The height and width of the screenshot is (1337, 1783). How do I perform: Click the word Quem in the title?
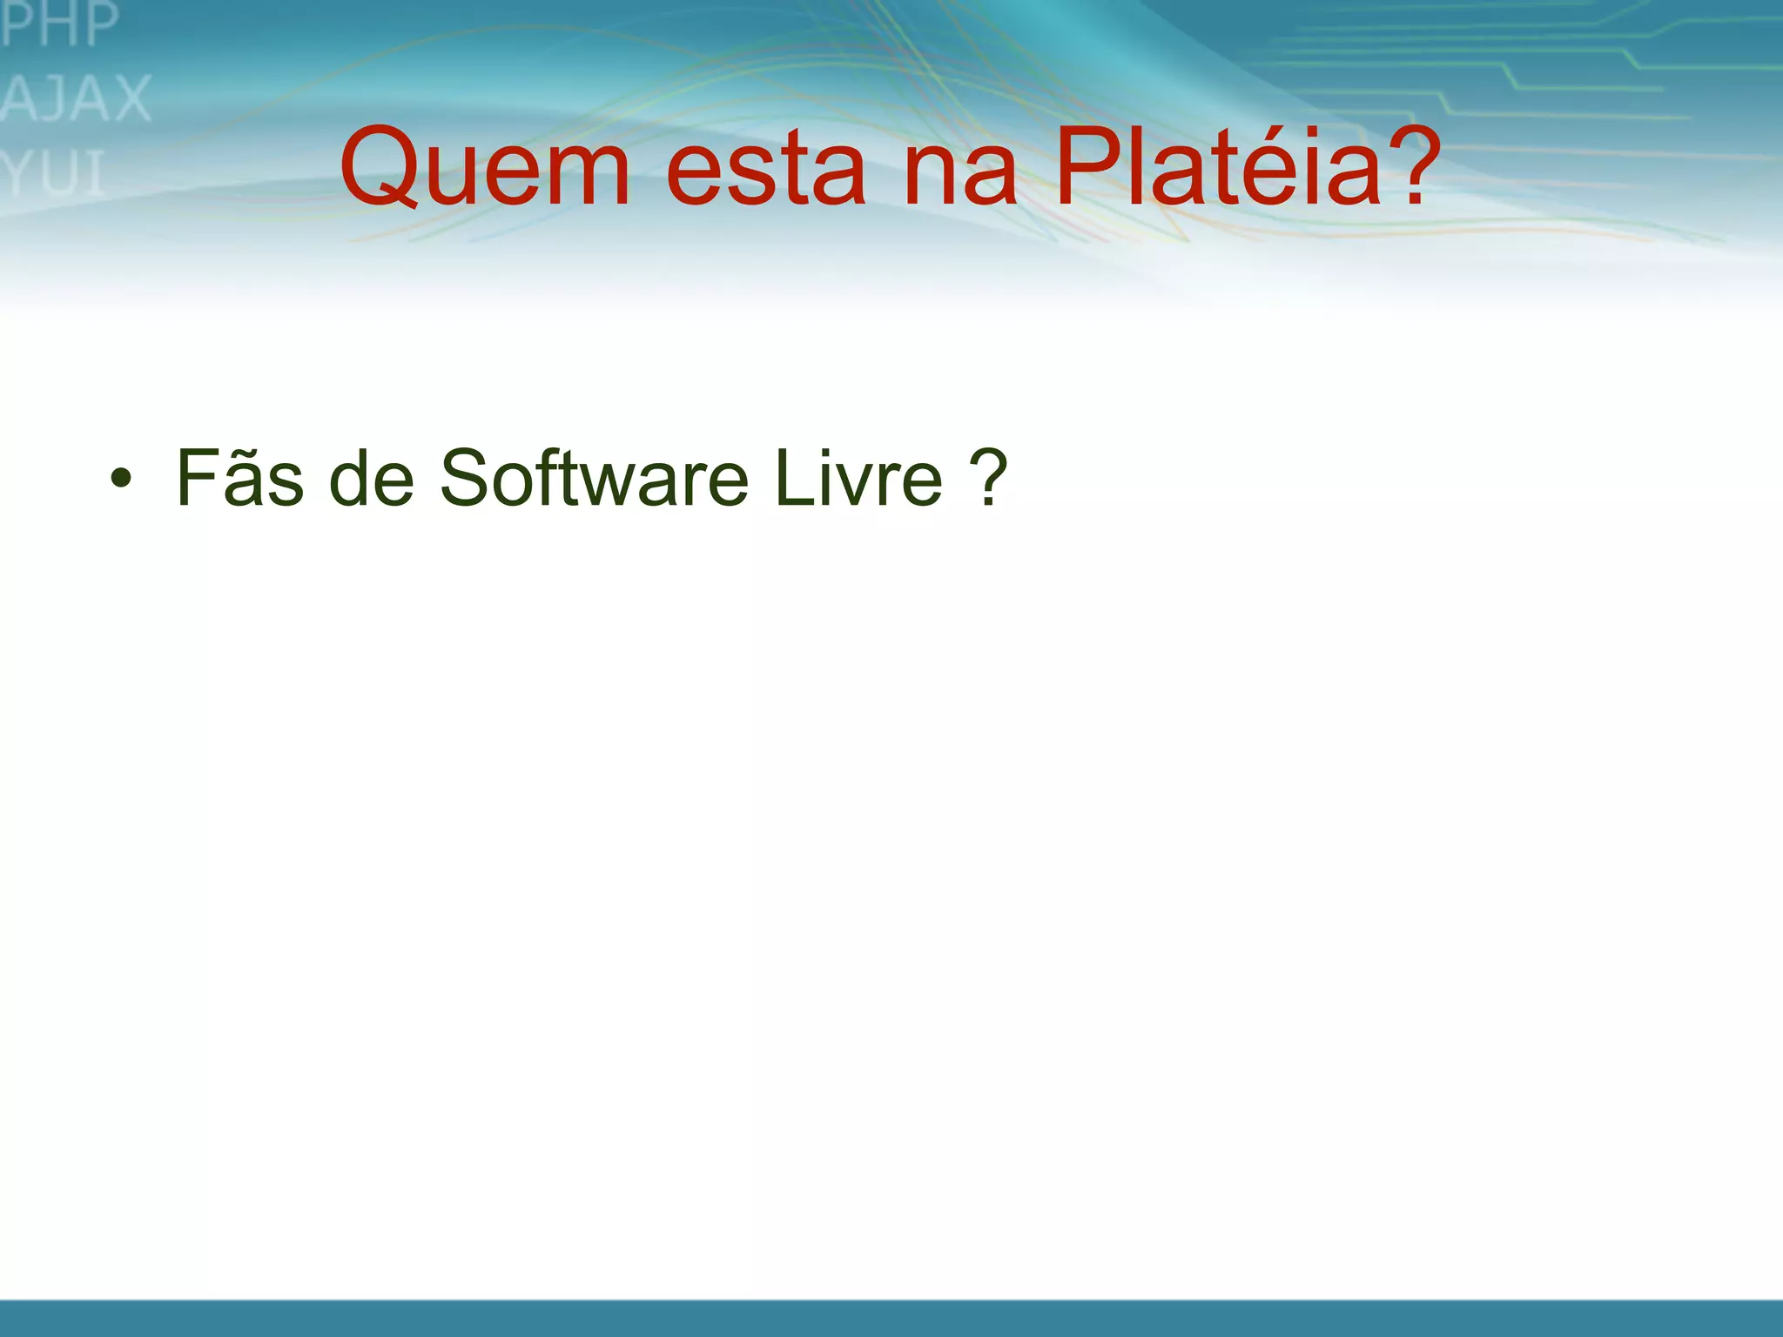pyautogui.click(x=484, y=167)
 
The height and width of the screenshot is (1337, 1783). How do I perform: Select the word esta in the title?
pyautogui.click(x=765, y=170)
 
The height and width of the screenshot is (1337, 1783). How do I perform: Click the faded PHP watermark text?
pyautogui.click(x=59, y=24)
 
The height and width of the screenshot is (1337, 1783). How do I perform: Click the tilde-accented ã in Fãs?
pyautogui.click(x=246, y=484)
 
